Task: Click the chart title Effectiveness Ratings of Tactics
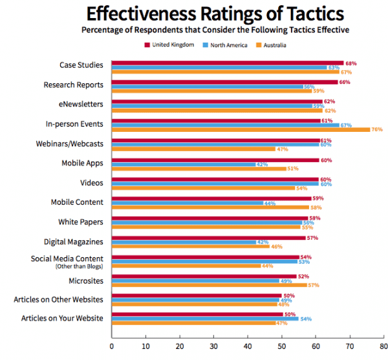point(215,14)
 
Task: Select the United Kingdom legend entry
point(169,45)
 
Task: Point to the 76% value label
point(377,129)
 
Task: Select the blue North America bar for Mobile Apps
point(183,164)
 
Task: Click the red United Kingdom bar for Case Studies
point(227,63)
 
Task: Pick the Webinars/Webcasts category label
point(72,143)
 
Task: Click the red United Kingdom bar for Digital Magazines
point(208,237)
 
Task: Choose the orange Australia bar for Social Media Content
point(186,266)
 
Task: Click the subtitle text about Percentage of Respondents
point(215,30)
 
